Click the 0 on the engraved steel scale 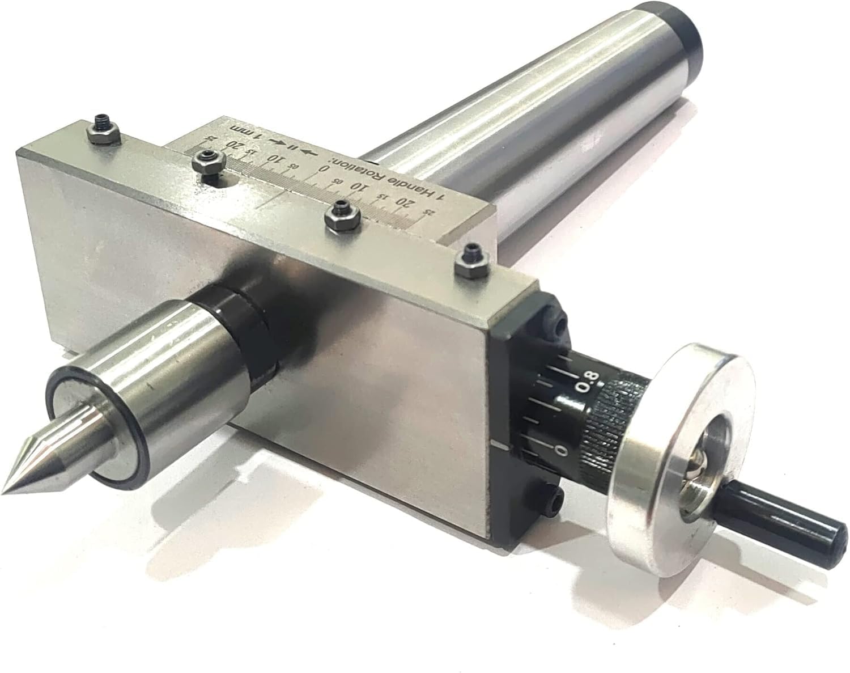(324, 169)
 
